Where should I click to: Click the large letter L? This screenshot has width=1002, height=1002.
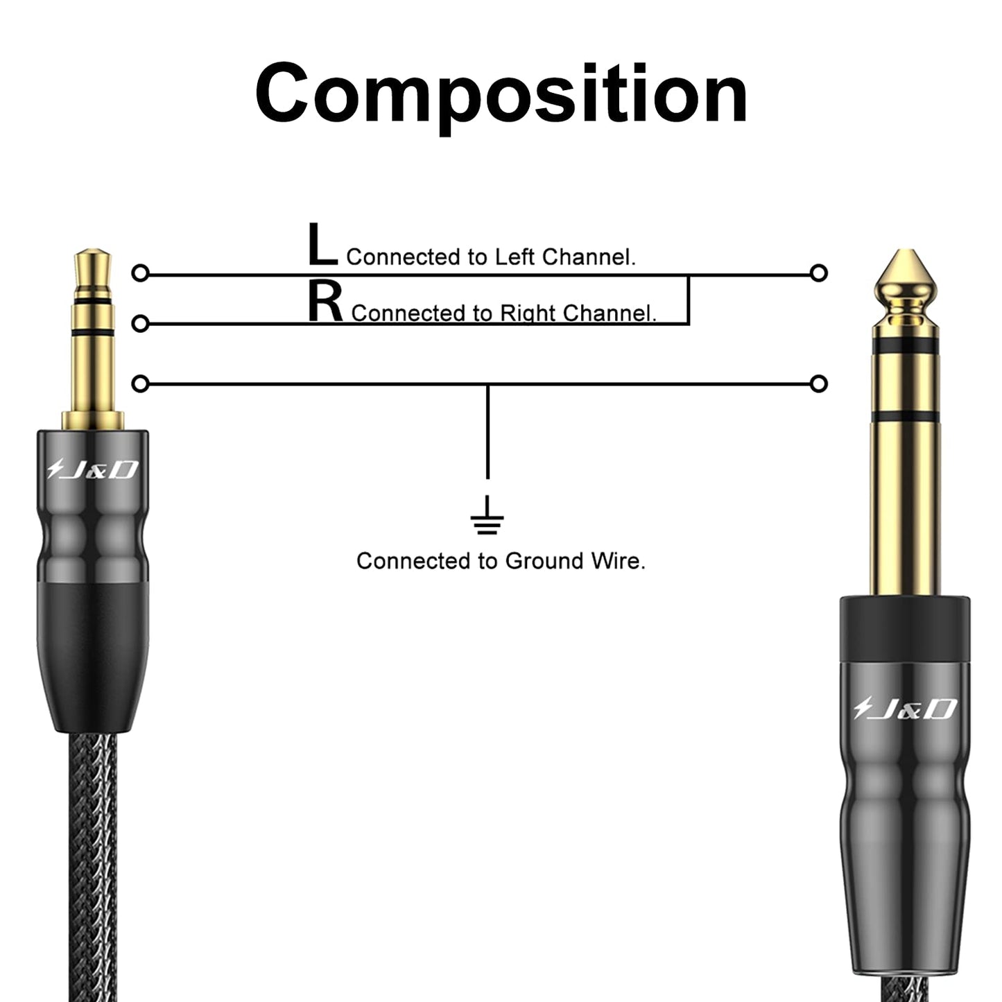[322, 245]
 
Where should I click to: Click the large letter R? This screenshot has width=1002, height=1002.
[325, 304]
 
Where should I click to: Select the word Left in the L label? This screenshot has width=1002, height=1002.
[515, 257]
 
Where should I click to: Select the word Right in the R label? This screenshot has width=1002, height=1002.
[528, 313]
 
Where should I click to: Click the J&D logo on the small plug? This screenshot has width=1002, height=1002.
[93, 471]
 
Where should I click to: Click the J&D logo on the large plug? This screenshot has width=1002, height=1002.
[905, 709]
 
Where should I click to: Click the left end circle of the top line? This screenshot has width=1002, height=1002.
[140, 273]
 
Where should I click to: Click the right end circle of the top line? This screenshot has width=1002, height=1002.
[819, 273]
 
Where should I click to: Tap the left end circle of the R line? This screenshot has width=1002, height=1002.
[140, 324]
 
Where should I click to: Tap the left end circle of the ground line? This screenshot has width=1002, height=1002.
[140, 383]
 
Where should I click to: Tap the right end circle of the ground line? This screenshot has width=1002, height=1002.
[819, 383]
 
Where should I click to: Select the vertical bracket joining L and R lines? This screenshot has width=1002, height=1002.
[688, 300]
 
